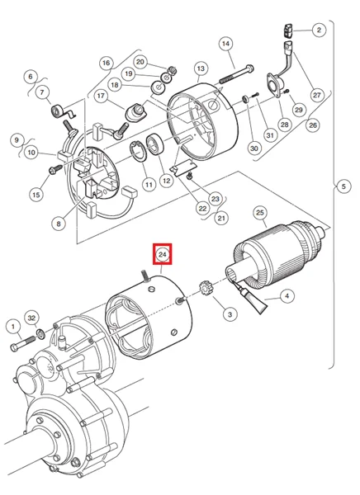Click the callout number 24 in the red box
(x=163, y=255)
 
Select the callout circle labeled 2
(x=318, y=31)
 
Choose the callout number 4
(x=287, y=295)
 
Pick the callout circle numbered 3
(x=230, y=313)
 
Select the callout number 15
(x=35, y=195)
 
